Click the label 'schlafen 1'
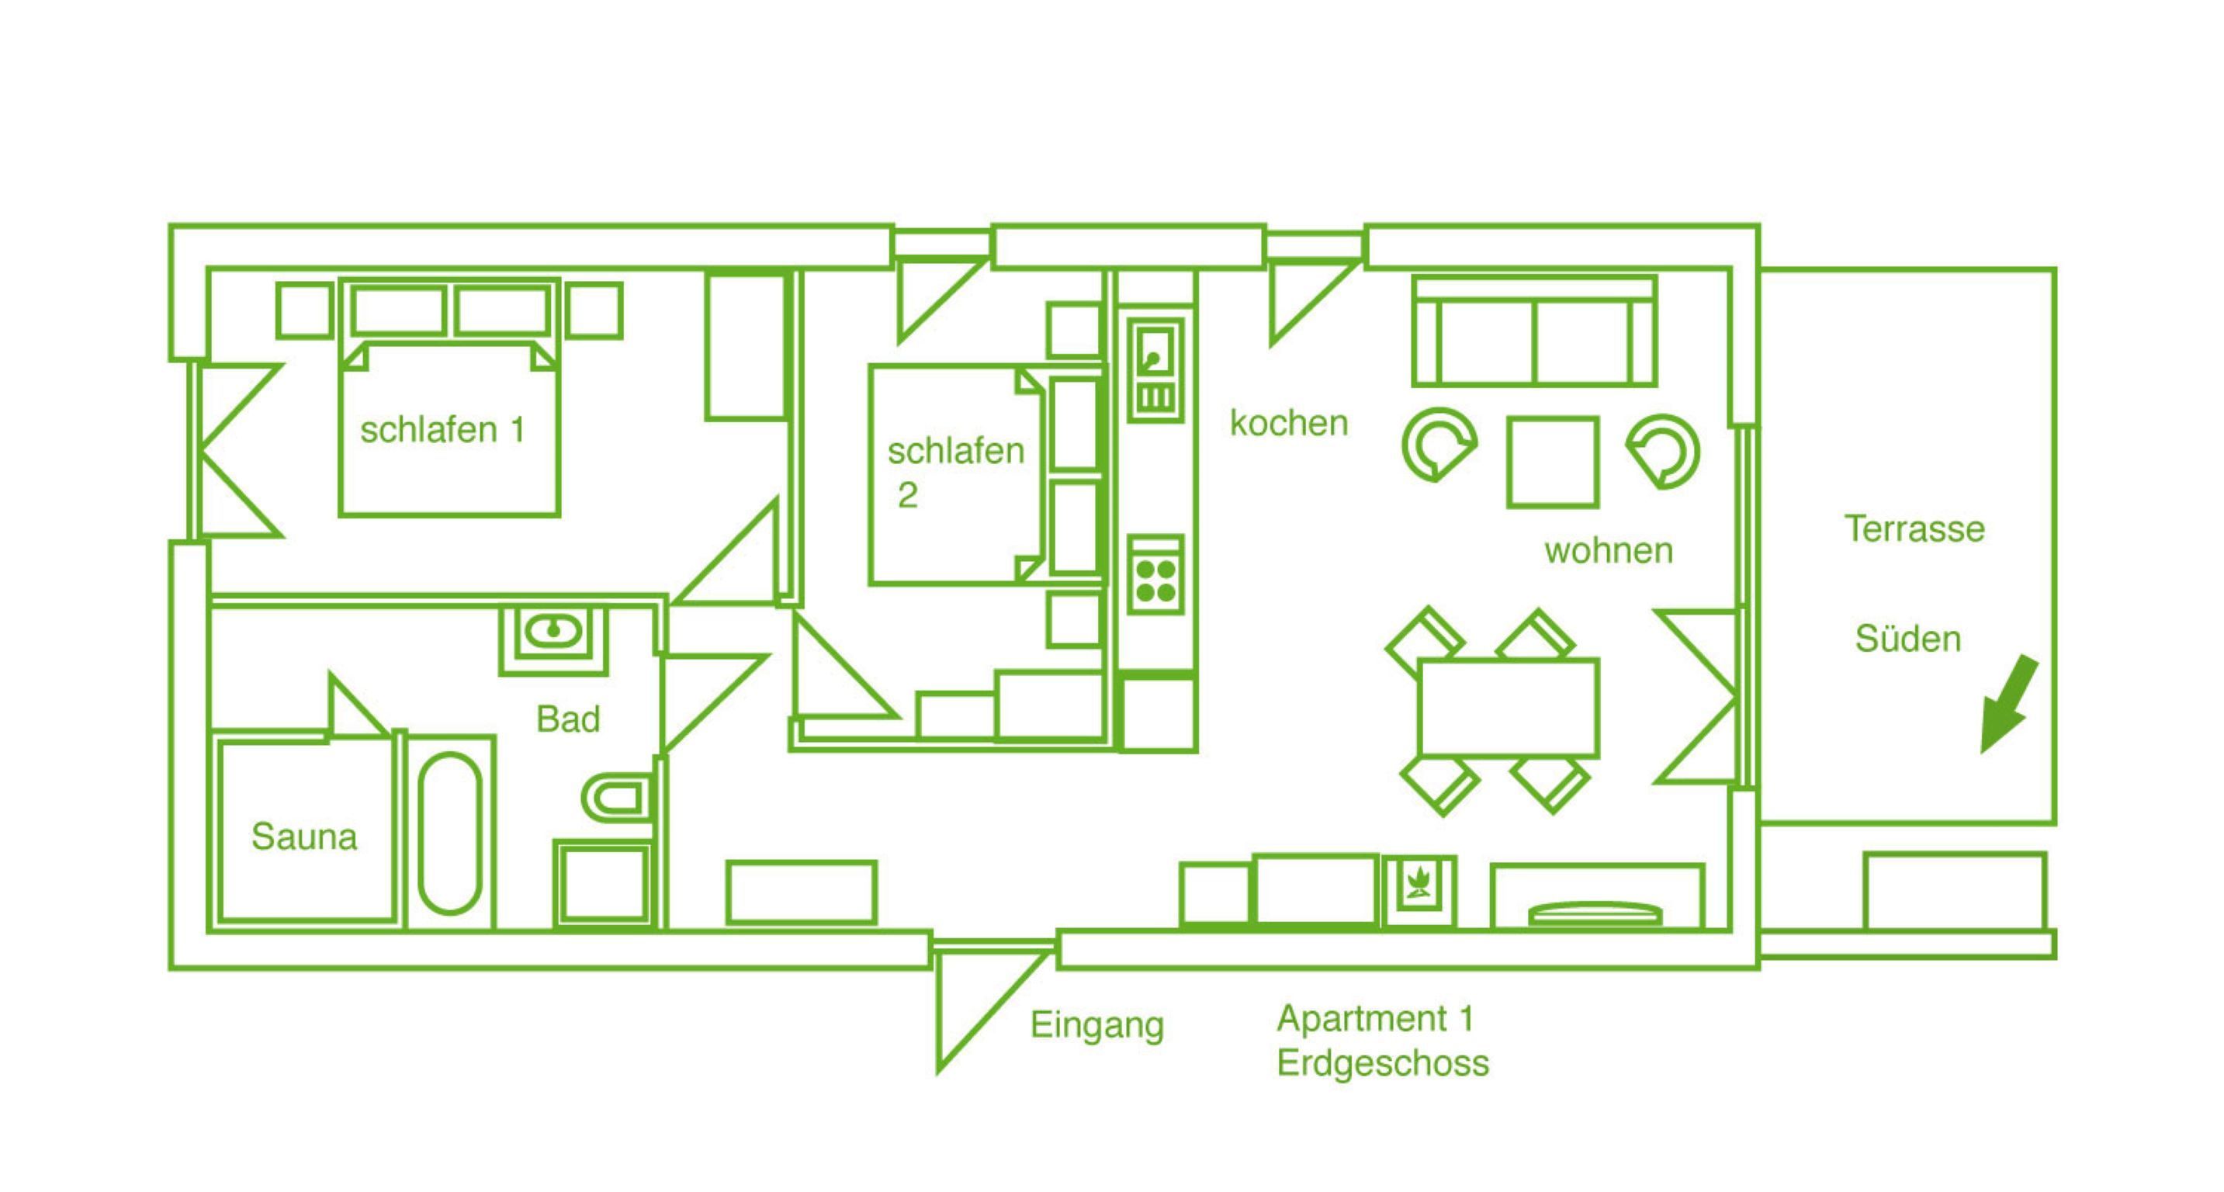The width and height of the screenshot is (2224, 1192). pyautogui.click(x=442, y=430)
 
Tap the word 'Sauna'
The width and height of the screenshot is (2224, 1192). pyautogui.click(x=304, y=837)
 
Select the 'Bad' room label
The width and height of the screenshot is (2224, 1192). pyautogui.click(x=567, y=719)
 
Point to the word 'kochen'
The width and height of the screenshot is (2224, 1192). pyautogui.click(x=1288, y=423)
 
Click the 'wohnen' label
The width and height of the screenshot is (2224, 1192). pyautogui.click(x=1609, y=549)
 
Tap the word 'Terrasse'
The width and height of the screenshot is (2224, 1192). pyautogui.click(x=1915, y=528)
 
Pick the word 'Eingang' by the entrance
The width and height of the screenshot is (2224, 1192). pyautogui.click(x=1096, y=1025)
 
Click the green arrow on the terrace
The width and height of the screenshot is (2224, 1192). pyautogui.click(x=2010, y=703)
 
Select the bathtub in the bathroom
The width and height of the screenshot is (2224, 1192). pyautogui.click(x=450, y=833)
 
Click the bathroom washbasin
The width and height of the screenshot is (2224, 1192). pyautogui.click(x=553, y=632)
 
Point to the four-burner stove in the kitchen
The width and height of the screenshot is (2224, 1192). pyautogui.click(x=1156, y=580)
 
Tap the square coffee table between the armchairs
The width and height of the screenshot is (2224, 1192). pyautogui.click(x=1552, y=462)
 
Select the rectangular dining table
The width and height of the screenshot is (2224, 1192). pyautogui.click(x=1509, y=708)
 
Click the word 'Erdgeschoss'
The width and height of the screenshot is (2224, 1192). pyautogui.click(x=1382, y=1063)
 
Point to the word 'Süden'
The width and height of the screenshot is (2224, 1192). pyautogui.click(x=1908, y=639)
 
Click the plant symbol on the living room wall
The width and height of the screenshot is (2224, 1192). pyautogui.click(x=1419, y=888)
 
